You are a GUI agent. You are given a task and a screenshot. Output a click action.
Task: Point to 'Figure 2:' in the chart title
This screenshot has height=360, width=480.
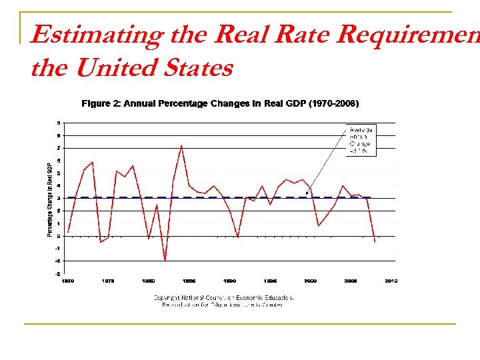click(x=101, y=103)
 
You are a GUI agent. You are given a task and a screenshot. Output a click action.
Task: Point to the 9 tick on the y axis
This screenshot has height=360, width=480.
click(x=59, y=123)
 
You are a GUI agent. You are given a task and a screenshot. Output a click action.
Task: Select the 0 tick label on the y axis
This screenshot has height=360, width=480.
click(x=59, y=236)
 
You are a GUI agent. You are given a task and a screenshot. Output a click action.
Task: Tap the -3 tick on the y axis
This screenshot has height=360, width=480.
click(x=58, y=273)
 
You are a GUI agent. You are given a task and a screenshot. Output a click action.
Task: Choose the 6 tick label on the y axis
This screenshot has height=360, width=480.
click(x=59, y=161)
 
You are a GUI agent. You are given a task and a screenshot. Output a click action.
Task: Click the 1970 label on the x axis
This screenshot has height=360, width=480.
click(x=69, y=281)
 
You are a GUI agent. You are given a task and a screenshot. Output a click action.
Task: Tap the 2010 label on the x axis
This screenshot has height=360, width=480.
click(x=391, y=281)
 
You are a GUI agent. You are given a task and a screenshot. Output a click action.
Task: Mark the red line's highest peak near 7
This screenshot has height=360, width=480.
click(x=181, y=145)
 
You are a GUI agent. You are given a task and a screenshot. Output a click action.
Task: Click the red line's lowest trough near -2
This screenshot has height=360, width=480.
click(x=165, y=261)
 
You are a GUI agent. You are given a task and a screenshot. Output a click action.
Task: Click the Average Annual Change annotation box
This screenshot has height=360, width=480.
click(x=361, y=140)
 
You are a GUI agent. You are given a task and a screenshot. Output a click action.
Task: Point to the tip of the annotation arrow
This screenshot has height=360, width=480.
click(x=306, y=195)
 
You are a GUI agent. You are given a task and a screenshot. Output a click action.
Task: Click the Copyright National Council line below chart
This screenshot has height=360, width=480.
click(x=223, y=298)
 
